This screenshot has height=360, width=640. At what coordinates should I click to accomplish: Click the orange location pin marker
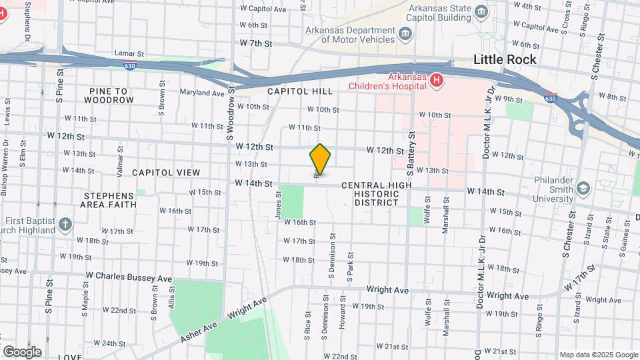point(320,159)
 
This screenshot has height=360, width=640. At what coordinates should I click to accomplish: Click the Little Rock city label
point(505,59)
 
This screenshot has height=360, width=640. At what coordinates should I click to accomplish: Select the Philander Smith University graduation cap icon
point(583,189)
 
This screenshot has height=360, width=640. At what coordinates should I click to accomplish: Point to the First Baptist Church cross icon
point(65,224)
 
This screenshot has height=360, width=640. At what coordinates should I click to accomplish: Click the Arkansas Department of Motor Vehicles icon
point(405,33)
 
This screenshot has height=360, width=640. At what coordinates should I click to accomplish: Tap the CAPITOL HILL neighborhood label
point(295,91)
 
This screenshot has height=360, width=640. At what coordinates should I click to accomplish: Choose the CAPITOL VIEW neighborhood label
point(166,173)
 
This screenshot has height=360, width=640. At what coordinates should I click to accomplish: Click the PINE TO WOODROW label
point(109,95)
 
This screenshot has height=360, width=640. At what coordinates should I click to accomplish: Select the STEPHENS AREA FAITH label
point(109,200)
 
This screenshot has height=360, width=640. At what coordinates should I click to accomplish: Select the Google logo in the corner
point(22,352)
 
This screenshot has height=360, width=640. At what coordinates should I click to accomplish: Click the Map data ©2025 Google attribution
point(597,355)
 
